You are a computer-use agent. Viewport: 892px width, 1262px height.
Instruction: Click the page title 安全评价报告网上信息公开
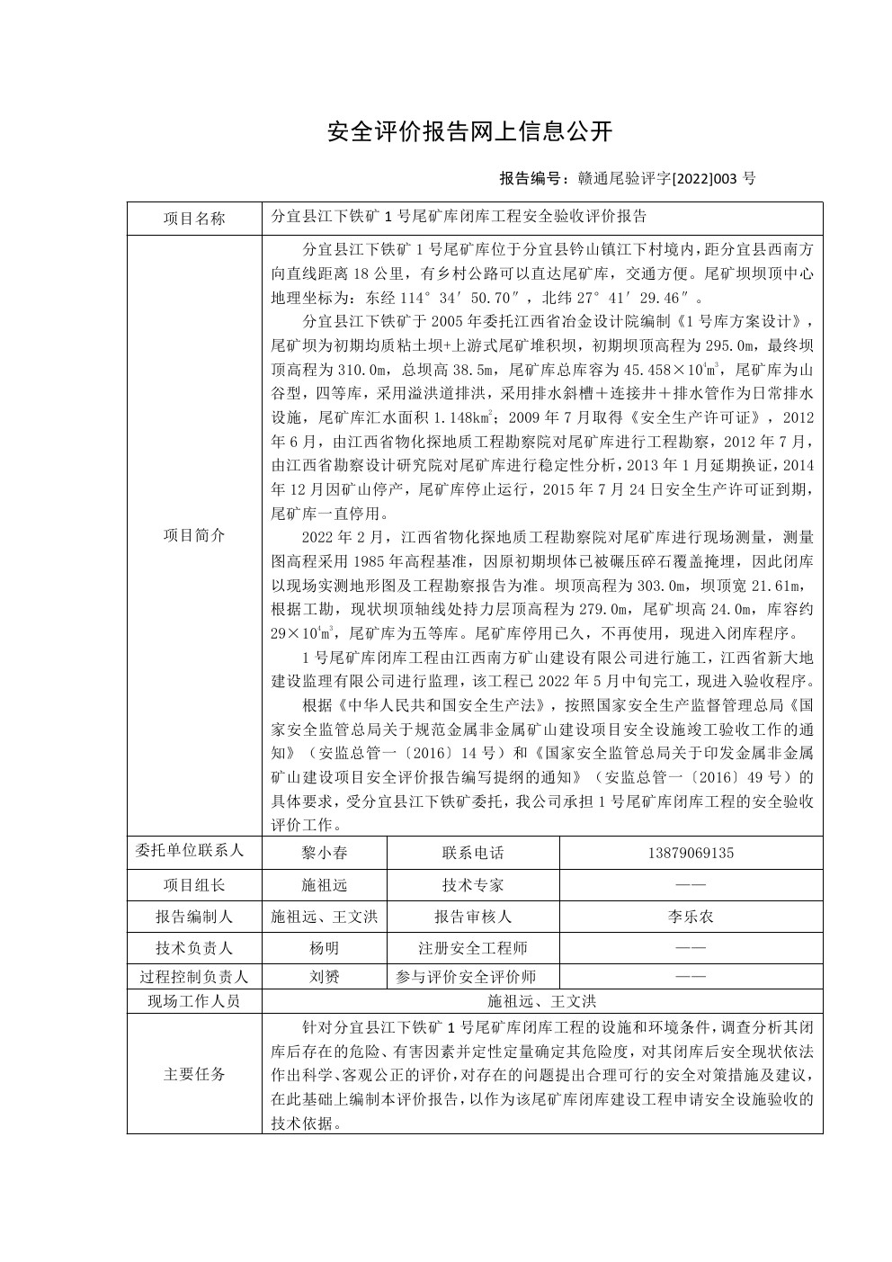pos(469,132)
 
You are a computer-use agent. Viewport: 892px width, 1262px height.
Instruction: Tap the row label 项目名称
pos(194,218)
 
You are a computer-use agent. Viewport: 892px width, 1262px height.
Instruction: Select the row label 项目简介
pos(194,534)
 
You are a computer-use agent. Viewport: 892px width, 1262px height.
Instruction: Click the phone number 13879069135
pos(690,853)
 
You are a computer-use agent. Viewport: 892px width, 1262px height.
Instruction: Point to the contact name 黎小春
pos(324,853)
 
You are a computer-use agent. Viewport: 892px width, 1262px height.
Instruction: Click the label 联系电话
pos(473,853)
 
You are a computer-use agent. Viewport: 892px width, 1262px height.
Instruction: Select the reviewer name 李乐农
pos(690,917)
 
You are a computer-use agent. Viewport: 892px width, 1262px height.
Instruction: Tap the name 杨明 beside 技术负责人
pos(324,948)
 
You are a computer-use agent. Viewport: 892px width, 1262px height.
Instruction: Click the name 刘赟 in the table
pos(324,977)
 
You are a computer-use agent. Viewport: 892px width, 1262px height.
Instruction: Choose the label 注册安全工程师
pos(473,948)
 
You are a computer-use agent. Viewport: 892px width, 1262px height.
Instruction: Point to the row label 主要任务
pos(194,1074)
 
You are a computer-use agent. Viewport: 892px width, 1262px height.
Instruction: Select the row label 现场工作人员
pos(194,1001)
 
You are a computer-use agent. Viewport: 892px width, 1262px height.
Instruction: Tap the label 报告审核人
pos(473,917)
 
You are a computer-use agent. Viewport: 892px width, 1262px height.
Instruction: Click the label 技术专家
pos(473,885)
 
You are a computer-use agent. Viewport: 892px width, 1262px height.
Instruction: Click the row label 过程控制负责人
pos(194,977)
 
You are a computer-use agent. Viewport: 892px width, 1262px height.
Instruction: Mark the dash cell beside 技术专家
pos(690,885)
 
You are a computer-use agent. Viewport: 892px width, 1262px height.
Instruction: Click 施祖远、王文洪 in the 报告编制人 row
pos(324,917)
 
